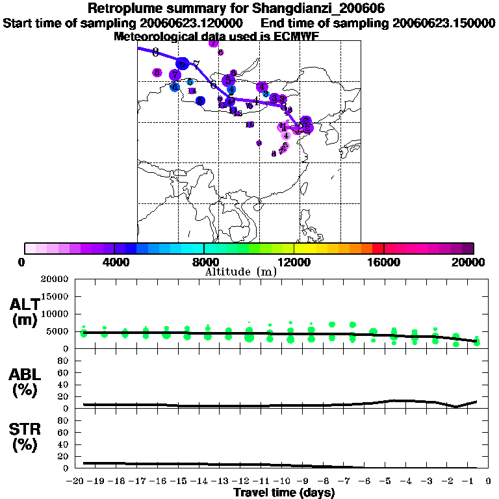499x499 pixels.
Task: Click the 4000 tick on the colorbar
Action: pyautogui.click(x=114, y=262)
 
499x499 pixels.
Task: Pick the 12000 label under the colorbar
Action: pyautogui.click(x=294, y=262)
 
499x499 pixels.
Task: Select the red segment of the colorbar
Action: pyautogui.click(x=377, y=248)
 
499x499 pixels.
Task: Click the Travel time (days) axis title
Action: pyautogui.click(x=283, y=493)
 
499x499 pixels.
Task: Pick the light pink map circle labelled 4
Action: pyautogui.click(x=286, y=135)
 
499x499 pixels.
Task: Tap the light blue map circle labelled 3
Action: pyautogui.click(x=266, y=94)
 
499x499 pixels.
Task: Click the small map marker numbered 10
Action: pyautogui.click(x=249, y=124)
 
